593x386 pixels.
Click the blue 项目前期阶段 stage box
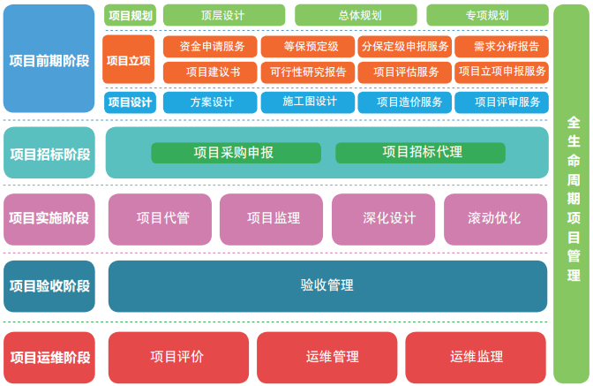tap(49, 59)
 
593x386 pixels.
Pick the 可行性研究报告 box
tap(308, 72)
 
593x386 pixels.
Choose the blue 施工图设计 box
tap(308, 102)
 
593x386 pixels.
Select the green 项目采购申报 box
tap(235, 153)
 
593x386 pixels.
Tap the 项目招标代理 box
tap(420, 153)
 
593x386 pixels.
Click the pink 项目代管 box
tap(162, 218)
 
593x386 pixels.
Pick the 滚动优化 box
tap(495, 218)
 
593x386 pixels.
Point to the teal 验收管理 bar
tap(327, 285)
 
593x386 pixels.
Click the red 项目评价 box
tap(177, 357)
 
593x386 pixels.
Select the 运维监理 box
tap(477, 357)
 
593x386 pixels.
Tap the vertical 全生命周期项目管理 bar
tap(571, 193)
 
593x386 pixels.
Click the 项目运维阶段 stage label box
tap(49, 358)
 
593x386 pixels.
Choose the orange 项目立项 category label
tap(129, 59)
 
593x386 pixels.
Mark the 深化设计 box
tap(383, 218)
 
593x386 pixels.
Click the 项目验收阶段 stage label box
tap(49, 285)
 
